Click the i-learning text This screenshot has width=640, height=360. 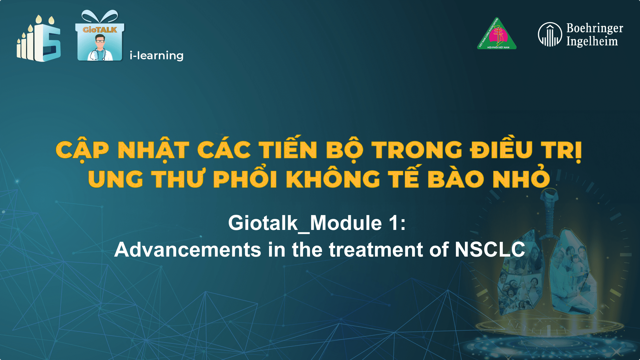coord(156,56)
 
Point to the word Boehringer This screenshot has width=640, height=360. coord(594,28)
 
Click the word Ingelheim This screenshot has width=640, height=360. coord(592,41)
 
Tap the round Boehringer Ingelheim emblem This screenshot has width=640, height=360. coord(550,35)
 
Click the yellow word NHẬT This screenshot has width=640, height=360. coord(153,150)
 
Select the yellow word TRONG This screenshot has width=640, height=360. coord(417,150)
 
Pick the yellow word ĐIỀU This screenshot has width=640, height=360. coord(501,150)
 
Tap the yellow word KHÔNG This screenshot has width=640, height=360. coord(333,179)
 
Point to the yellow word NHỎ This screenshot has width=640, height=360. coord(521,179)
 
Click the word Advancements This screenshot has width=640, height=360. coord(188,249)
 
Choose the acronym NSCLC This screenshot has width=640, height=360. coord(489,249)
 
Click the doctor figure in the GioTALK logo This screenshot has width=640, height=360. coord(100,47)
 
